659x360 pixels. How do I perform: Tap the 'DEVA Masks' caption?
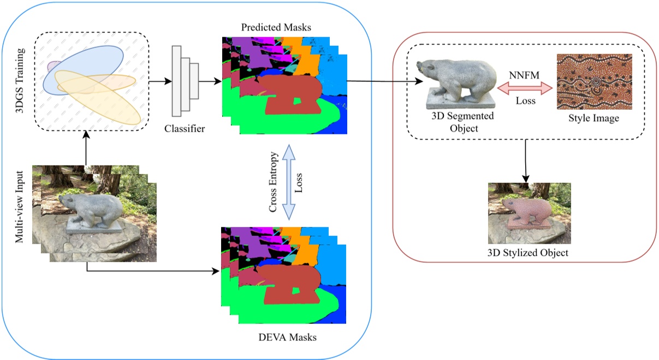[x=287, y=337]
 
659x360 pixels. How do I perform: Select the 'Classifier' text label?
[x=185, y=129]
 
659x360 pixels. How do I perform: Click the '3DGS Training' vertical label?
[x=21, y=81]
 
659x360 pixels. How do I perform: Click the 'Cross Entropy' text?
[x=274, y=183]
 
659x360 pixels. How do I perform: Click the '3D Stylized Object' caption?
[x=529, y=253]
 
